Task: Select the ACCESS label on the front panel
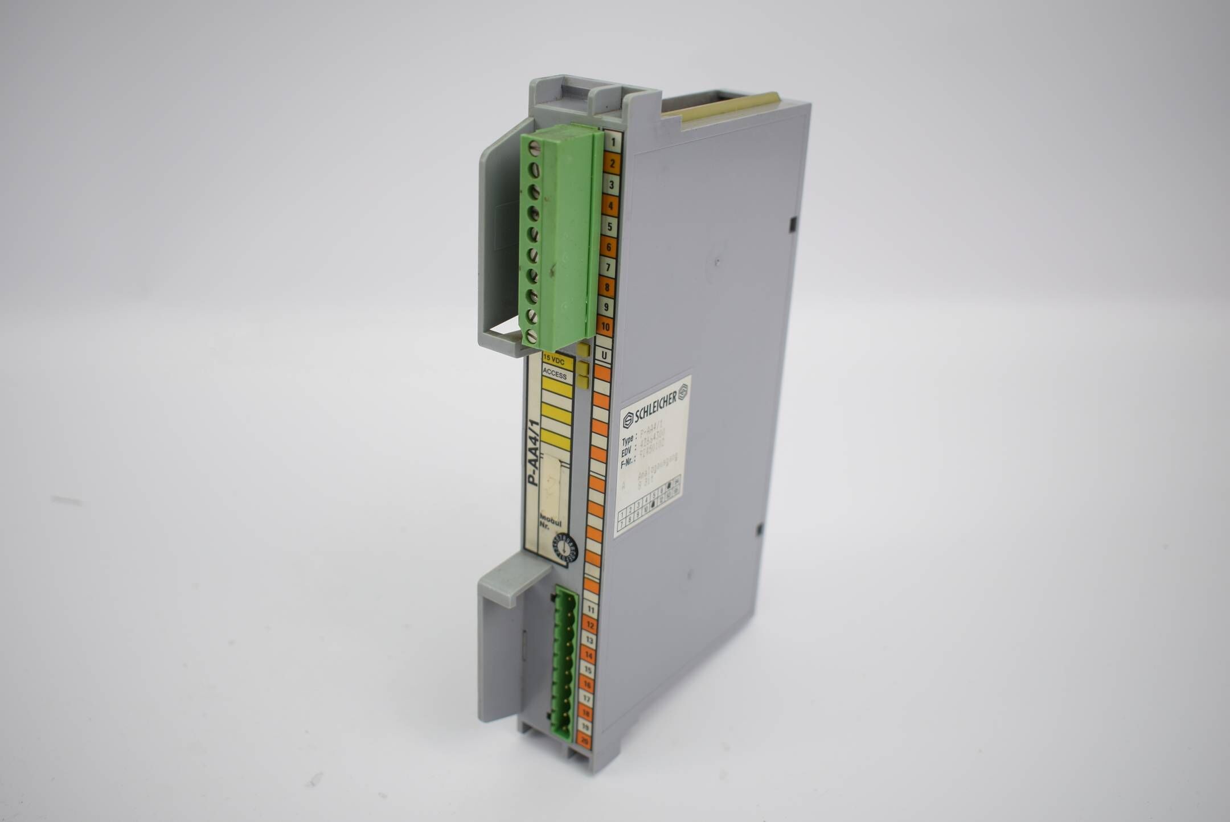(556, 375)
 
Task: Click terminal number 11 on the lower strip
(591, 609)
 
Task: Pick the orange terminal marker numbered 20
(583, 741)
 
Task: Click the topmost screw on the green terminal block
(534, 149)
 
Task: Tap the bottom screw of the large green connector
(531, 336)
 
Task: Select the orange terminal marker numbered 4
(610, 205)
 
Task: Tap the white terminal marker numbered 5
(609, 227)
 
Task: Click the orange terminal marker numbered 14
(588, 656)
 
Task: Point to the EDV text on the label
(627, 453)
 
